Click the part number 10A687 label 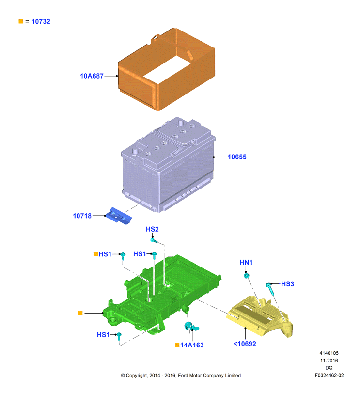pyautogui.click(x=92, y=76)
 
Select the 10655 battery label pyautogui.click(x=237, y=157)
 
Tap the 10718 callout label pyautogui.click(x=82, y=216)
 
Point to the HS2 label pyautogui.click(x=152, y=229)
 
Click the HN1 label pyautogui.click(x=246, y=263)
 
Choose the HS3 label pyautogui.click(x=288, y=284)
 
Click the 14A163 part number pyautogui.click(x=192, y=345)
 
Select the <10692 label pyautogui.click(x=245, y=344)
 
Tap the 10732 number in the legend pyautogui.click(x=41, y=21)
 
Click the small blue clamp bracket pyautogui.click(x=118, y=216)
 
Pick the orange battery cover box pyautogui.click(x=166, y=69)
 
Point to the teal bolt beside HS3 pyautogui.click(x=270, y=288)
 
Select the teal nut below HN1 pyautogui.click(x=247, y=276)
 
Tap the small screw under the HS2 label pyautogui.click(x=154, y=241)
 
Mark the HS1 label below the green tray pyautogui.click(x=103, y=335)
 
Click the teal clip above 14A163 pyautogui.click(x=191, y=326)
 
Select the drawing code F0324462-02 pyautogui.click(x=329, y=375)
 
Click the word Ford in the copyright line pyautogui.click(x=183, y=376)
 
